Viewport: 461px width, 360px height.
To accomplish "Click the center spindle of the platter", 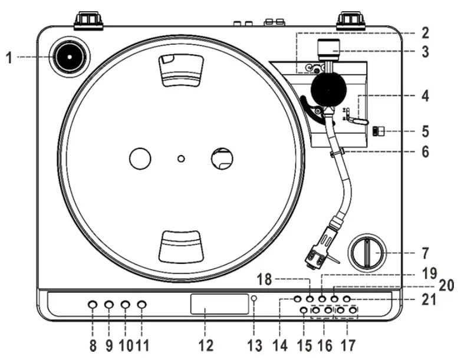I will [x=181, y=158].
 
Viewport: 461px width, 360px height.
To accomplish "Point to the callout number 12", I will [x=205, y=345].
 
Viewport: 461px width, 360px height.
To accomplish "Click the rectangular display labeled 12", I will [x=220, y=305].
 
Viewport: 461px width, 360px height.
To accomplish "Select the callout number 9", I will [x=109, y=345].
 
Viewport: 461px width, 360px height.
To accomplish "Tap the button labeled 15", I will [x=304, y=311].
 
